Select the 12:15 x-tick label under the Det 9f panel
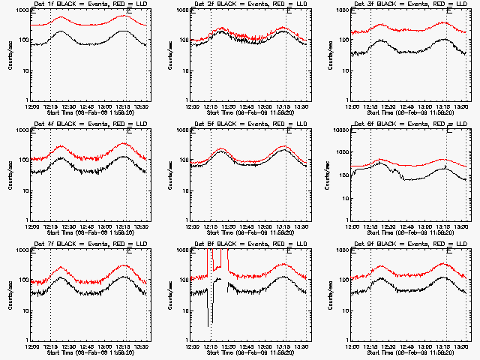point(372,345)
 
